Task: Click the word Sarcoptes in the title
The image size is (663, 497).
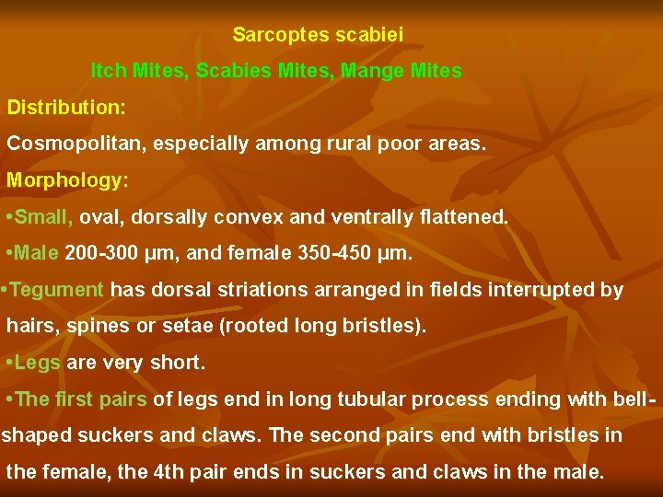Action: pyautogui.click(x=272, y=35)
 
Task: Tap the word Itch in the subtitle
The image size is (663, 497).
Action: pyautogui.click(x=109, y=71)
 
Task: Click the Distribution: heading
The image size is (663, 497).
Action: pyautogui.click(x=66, y=108)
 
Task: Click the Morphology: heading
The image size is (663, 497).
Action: pyautogui.click(x=67, y=180)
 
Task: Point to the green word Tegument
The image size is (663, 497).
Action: pyautogui.click(x=59, y=290)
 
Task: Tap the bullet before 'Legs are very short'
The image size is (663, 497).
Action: pyautogui.click(x=9, y=364)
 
